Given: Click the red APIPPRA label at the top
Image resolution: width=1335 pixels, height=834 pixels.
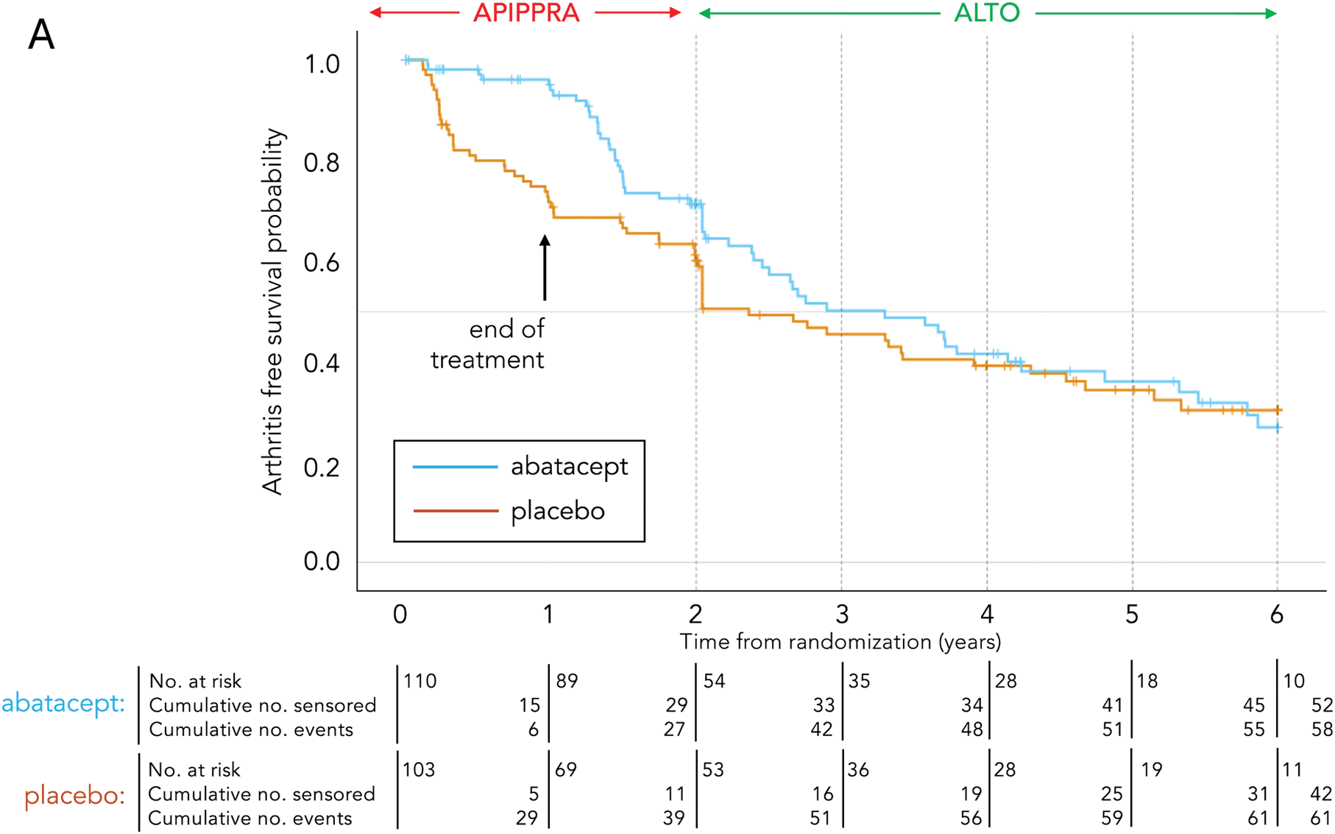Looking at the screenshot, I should point(525,13).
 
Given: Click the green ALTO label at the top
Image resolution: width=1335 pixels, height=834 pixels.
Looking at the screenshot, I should point(986,13).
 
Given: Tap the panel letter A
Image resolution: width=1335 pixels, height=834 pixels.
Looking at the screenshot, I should point(41,35).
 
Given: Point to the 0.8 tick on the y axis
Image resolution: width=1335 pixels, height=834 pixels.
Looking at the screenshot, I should point(322,163).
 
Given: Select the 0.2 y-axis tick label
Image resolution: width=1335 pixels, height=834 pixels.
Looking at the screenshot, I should point(322,467).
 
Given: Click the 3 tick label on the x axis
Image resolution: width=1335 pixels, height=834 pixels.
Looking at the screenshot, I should point(841,614).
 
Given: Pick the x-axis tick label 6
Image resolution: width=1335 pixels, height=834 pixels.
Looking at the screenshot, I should point(1277,614).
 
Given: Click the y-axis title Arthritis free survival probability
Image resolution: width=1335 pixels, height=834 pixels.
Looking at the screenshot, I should point(273,311).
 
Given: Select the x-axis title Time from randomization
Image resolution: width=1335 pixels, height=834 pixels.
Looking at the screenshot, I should point(840,642).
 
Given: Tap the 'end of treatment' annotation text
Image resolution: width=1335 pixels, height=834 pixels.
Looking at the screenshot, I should point(488,344).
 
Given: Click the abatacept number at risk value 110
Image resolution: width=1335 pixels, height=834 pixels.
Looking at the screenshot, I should point(420,681).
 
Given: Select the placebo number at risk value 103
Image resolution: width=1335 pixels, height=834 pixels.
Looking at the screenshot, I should point(419,770).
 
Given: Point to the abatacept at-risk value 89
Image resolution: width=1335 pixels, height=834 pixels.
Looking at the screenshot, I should point(567,681).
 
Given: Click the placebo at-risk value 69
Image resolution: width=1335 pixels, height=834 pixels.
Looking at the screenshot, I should point(566,770).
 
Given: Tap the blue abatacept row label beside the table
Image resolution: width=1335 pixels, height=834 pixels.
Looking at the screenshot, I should point(63,704).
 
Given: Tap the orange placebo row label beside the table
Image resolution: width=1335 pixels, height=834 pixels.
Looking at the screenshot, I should point(74,796).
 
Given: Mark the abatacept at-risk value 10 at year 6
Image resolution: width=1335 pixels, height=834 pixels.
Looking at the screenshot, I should point(1294,681).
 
